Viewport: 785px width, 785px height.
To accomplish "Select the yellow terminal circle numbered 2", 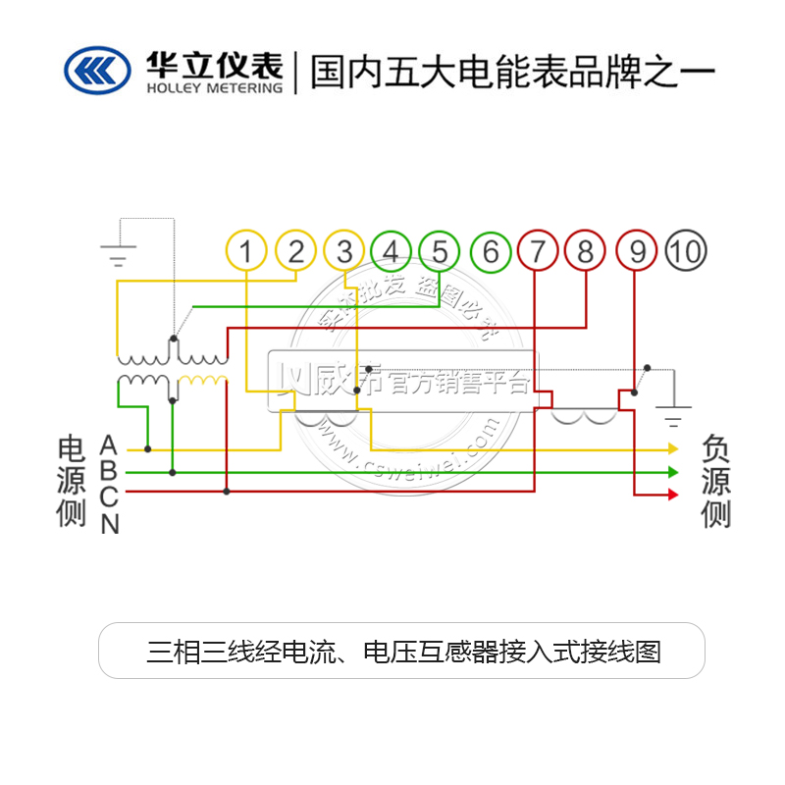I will pyautogui.click(x=295, y=252).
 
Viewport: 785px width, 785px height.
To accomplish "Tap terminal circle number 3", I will pyautogui.click(x=343, y=252).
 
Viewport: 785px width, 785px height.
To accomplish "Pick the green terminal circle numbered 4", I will pyautogui.click(x=392, y=252).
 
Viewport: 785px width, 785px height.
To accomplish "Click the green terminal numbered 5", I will pyautogui.click(x=440, y=252).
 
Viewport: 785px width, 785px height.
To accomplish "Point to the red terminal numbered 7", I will pyautogui.click(x=538, y=252).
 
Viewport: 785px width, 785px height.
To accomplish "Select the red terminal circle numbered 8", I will pyautogui.click(x=586, y=252).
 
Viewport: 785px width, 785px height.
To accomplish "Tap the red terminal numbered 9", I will pyautogui.click(x=637, y=252).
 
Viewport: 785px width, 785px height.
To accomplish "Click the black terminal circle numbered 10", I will pyautogui.click(x=686, y=252).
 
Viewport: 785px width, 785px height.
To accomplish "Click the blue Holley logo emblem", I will pyautogui.click(x=97, y=70).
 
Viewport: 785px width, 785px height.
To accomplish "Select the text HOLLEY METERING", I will pyautogui.click(x=213, y=87).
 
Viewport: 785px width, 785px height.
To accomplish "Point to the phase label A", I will pyautogui.click(x=109, y=446).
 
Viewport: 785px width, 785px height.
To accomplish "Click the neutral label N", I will pyautogui.click(x=110, y=524).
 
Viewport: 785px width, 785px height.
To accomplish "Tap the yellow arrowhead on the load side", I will pyautogui.click(x=672, y=448).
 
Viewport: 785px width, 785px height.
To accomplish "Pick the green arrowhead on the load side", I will pyautogui.click(x=672, y=472).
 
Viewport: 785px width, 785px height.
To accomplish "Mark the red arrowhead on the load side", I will pyautogui.click(x=672, y=495).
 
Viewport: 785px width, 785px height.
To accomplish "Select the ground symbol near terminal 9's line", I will pyautogui.click(x=673, y=417).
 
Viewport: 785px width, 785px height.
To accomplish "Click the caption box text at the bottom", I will pyautogui.click(x=403, y=651).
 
